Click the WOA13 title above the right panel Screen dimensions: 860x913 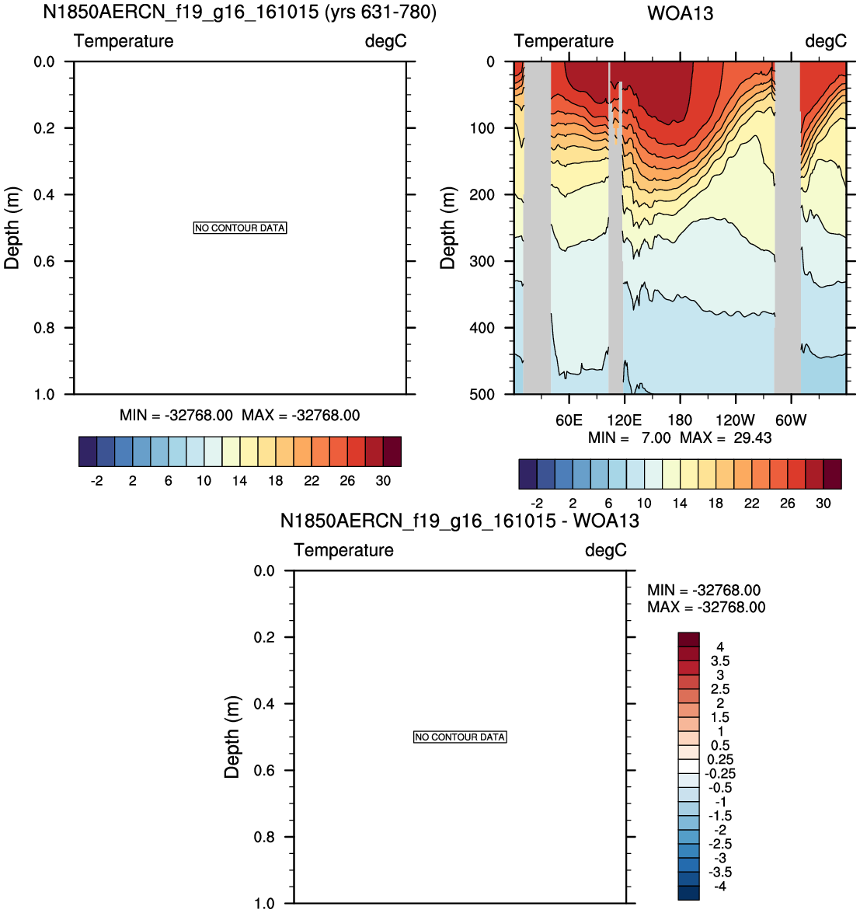pyautogui.click(x=680, y=13)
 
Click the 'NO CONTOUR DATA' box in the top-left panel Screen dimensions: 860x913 pyautogui.click(x=240, y=228)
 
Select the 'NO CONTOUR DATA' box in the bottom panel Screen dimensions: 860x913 pyautogui.click(x=460, y=737)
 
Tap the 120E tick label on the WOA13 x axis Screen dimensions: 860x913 pyautogui.click(x=624, y=420)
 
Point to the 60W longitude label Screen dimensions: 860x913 pyautogui.click(x=791, y=420)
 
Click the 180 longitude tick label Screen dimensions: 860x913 pyautogui.click(x=680, y=420)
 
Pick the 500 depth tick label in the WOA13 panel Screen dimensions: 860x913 pyautogui.click(x=482, y=394)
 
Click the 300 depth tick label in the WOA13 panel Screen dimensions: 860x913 pyautogui.click(x=482, y=261)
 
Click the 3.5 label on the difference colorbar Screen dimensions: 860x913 pyautogui.click(x=719, y=661)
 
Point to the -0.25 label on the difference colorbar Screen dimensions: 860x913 pyautogui.click(x=720, y=773)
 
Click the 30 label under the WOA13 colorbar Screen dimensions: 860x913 pyautogui.click(x=823, y=503)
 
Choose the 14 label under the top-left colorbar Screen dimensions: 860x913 pyautogui.click(x=239, y=480)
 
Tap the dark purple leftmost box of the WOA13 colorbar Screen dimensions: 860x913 pyautogui.click(x=527, y=473)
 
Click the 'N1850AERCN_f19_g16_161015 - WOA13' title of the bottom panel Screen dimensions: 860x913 pyautogui.click(x=459, y=520)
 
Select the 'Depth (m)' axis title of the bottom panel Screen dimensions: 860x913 pyautogui.click(x=232, y=737)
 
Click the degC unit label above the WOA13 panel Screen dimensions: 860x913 pyautogui.click(x=826, y=40)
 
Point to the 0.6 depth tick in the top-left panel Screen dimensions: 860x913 pyautogui.click(x=44, y=261)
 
